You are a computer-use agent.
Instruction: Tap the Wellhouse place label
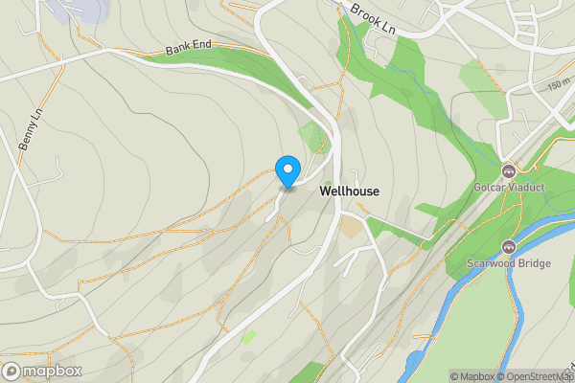pos(349,191)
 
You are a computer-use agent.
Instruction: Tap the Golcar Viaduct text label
pos(508,188)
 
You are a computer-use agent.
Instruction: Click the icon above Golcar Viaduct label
pos(508,171)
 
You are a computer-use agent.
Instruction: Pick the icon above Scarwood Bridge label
pos(508,246)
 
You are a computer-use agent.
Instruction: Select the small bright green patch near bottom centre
pos(249,337)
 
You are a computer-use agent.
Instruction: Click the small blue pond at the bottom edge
pos(414,364)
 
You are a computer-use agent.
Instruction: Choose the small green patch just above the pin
pos(310,135)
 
